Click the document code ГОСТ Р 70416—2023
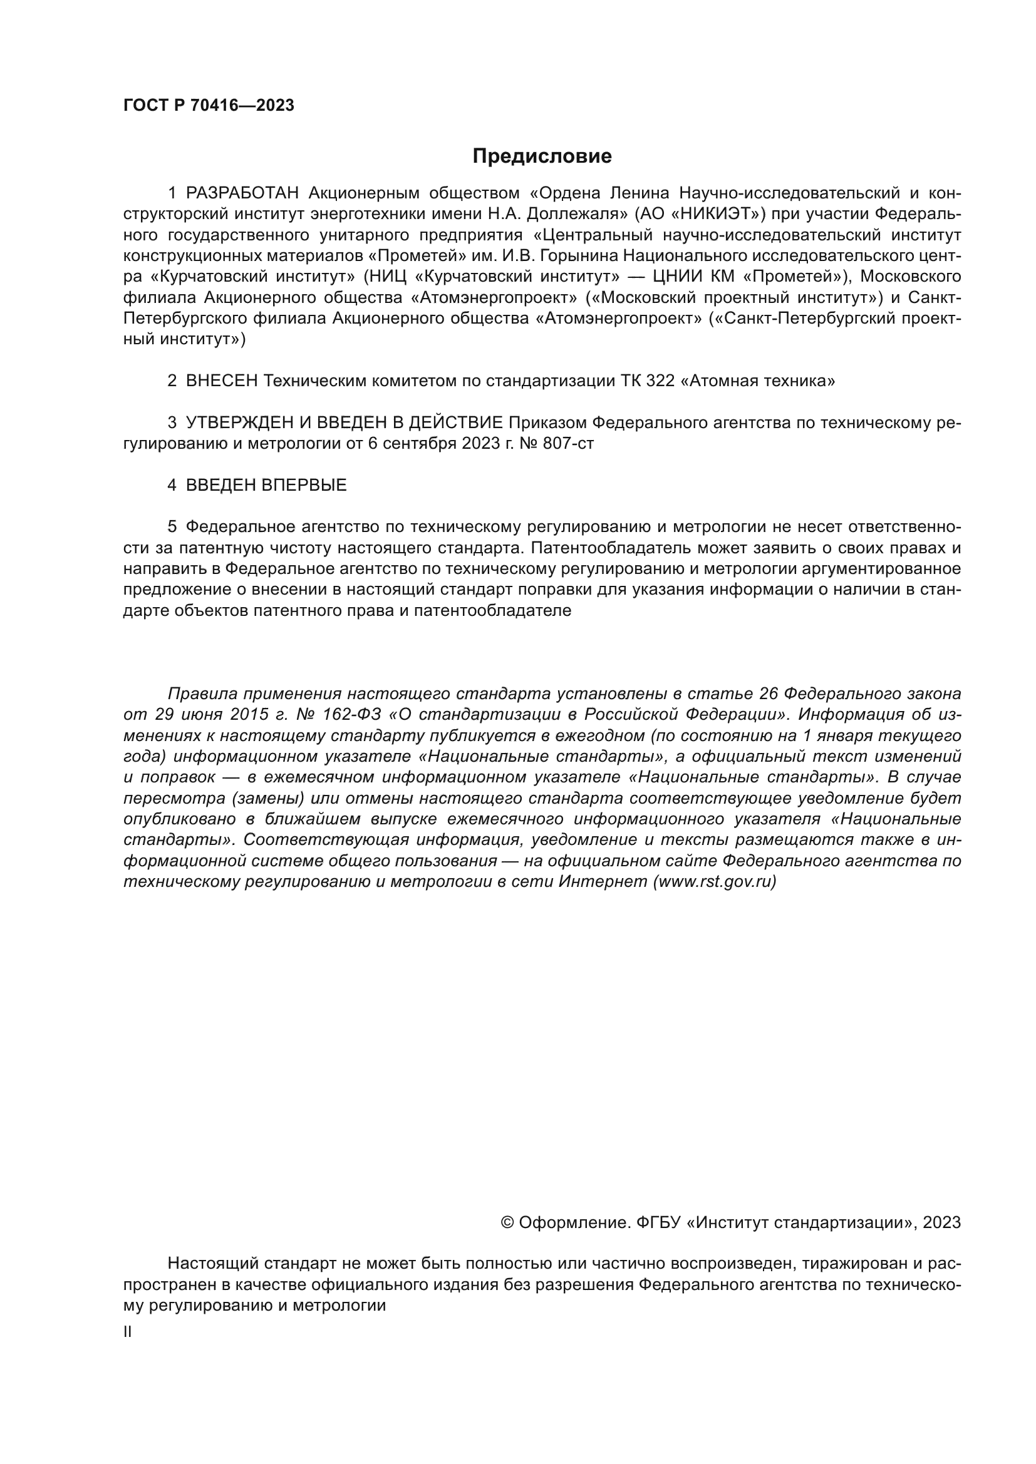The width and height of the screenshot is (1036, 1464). [x=209, y=106]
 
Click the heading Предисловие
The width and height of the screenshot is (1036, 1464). [x=542, y=156]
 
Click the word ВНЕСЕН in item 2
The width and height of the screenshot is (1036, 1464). [x=221, y=381]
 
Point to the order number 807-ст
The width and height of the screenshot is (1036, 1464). [x=567, y=444]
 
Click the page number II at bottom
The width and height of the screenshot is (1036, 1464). [x=128, y=1332]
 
